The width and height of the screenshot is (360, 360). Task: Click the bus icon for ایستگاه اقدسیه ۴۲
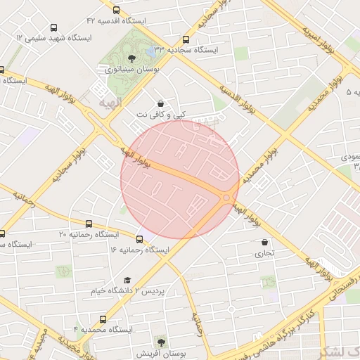(x=115, y=11)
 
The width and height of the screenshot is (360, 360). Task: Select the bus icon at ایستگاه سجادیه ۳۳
(x=186, y=40)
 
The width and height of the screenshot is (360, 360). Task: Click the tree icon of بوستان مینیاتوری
(x=132, y=59)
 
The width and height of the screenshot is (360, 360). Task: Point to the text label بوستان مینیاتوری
(x=132, y=70)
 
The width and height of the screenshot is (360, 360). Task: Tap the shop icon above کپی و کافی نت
(x=162, y=103)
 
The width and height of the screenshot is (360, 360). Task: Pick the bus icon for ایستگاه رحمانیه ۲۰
(x=2, y=233)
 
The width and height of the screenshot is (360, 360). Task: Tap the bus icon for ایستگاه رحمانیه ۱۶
(x=139, y=239)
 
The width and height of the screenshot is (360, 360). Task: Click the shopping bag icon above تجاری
(x=264, y=242)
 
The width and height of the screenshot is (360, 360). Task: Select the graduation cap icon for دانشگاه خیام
(x=127, y=280)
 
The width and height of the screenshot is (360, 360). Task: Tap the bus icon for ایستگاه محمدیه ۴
(x=103, y=319)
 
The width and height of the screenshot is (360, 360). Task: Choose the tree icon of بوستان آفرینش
(x=162, y=343)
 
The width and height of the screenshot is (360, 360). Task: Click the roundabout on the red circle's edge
(x=226, y=198)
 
